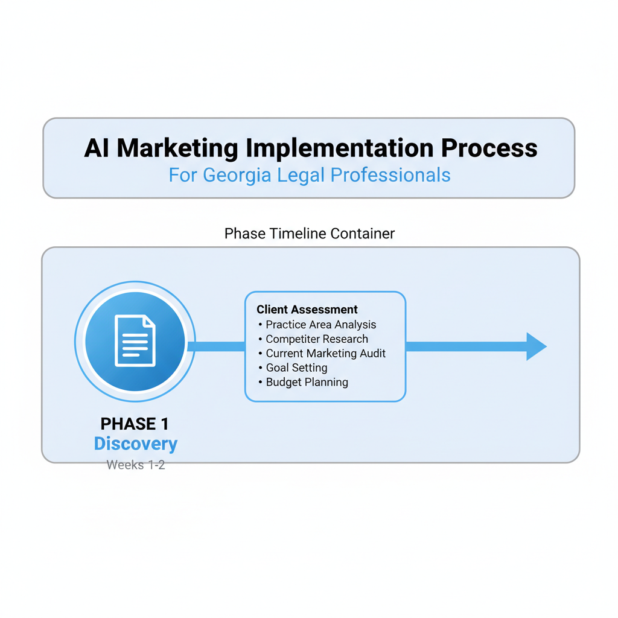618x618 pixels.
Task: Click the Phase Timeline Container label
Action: pyautogui.click(x=310, y=234)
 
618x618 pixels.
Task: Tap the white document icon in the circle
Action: pyautogui.click(x=135, y=341)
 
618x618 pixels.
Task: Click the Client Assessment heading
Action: pyautogui.click(x=307, y=310)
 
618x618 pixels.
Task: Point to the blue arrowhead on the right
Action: pyautogui.click(x=535, y=346)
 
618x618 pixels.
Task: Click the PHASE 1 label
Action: pyautogui.click(x=135, y=424)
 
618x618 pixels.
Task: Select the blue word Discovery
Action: pyautogui.click(x=136, y=444)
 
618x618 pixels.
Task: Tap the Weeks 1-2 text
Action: pyautogui.click(x=136, y=465)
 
